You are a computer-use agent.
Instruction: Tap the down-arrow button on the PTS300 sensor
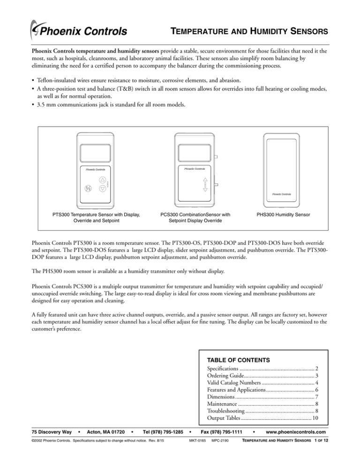pyautogui.click(x=103, y=189)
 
